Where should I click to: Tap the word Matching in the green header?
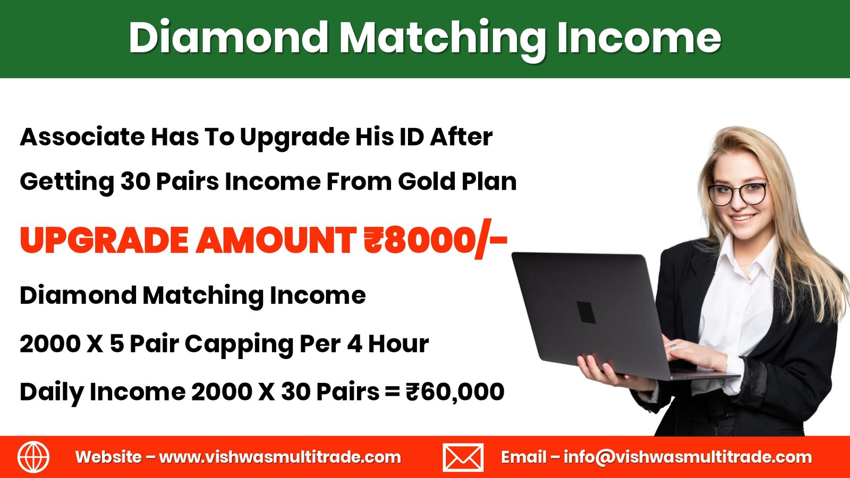coord(443,40)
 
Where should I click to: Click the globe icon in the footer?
coord(33,457)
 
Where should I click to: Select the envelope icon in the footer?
coord(463,457)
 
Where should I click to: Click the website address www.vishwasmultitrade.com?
coord(280,457)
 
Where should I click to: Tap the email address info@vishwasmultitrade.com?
coord(687,457)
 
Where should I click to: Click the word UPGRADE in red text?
coord(104,240)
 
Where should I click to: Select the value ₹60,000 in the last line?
coord(455,391)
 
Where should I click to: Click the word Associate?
coord(82,136)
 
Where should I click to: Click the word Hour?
coord(398,344)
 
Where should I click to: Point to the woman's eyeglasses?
coord(737,193)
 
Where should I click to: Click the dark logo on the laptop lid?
coord(586,312)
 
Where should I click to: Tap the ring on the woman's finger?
coord(673,347)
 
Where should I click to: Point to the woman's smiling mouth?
coord(742,219)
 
